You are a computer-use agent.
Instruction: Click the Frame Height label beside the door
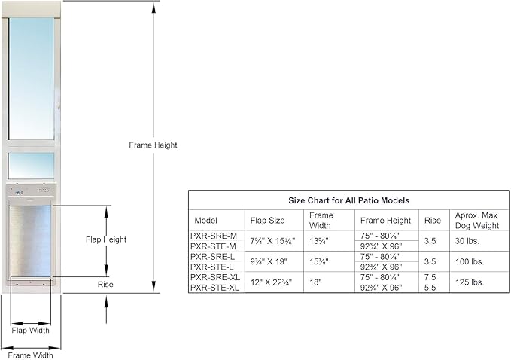[x=153, y=145]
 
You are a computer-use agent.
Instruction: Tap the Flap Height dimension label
[x=106, y=239]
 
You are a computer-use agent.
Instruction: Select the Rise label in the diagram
[x=105, y=285]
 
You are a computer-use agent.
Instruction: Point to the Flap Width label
[x=30, y=331]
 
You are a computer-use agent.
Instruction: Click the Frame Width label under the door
[x=30, y=355]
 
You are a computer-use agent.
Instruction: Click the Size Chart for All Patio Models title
[x=348, y=200]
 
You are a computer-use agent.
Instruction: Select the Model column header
[x=205, y=221]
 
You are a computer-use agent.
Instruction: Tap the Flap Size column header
[x=267, y=221]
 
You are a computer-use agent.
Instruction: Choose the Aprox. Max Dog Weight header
[x=477, y=221]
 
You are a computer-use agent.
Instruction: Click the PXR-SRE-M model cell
[x=214, y=236]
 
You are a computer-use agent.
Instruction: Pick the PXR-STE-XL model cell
[x=214, y=288]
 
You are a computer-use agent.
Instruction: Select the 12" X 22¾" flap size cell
[x=271, y=282]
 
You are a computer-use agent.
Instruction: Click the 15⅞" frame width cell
[x=319, y=261]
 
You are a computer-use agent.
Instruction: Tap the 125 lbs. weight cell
[x=470, y=282]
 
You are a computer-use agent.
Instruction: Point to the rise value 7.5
[x=430, y=277]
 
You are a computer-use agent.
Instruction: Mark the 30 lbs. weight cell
[x=467, y=241]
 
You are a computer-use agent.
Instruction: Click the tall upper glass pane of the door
[x=32, y=78]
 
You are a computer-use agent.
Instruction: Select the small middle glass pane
[x=32, y=166]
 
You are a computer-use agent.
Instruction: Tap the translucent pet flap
[x=31, y=241]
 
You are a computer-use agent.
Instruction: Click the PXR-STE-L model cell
[x=211, y=267]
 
